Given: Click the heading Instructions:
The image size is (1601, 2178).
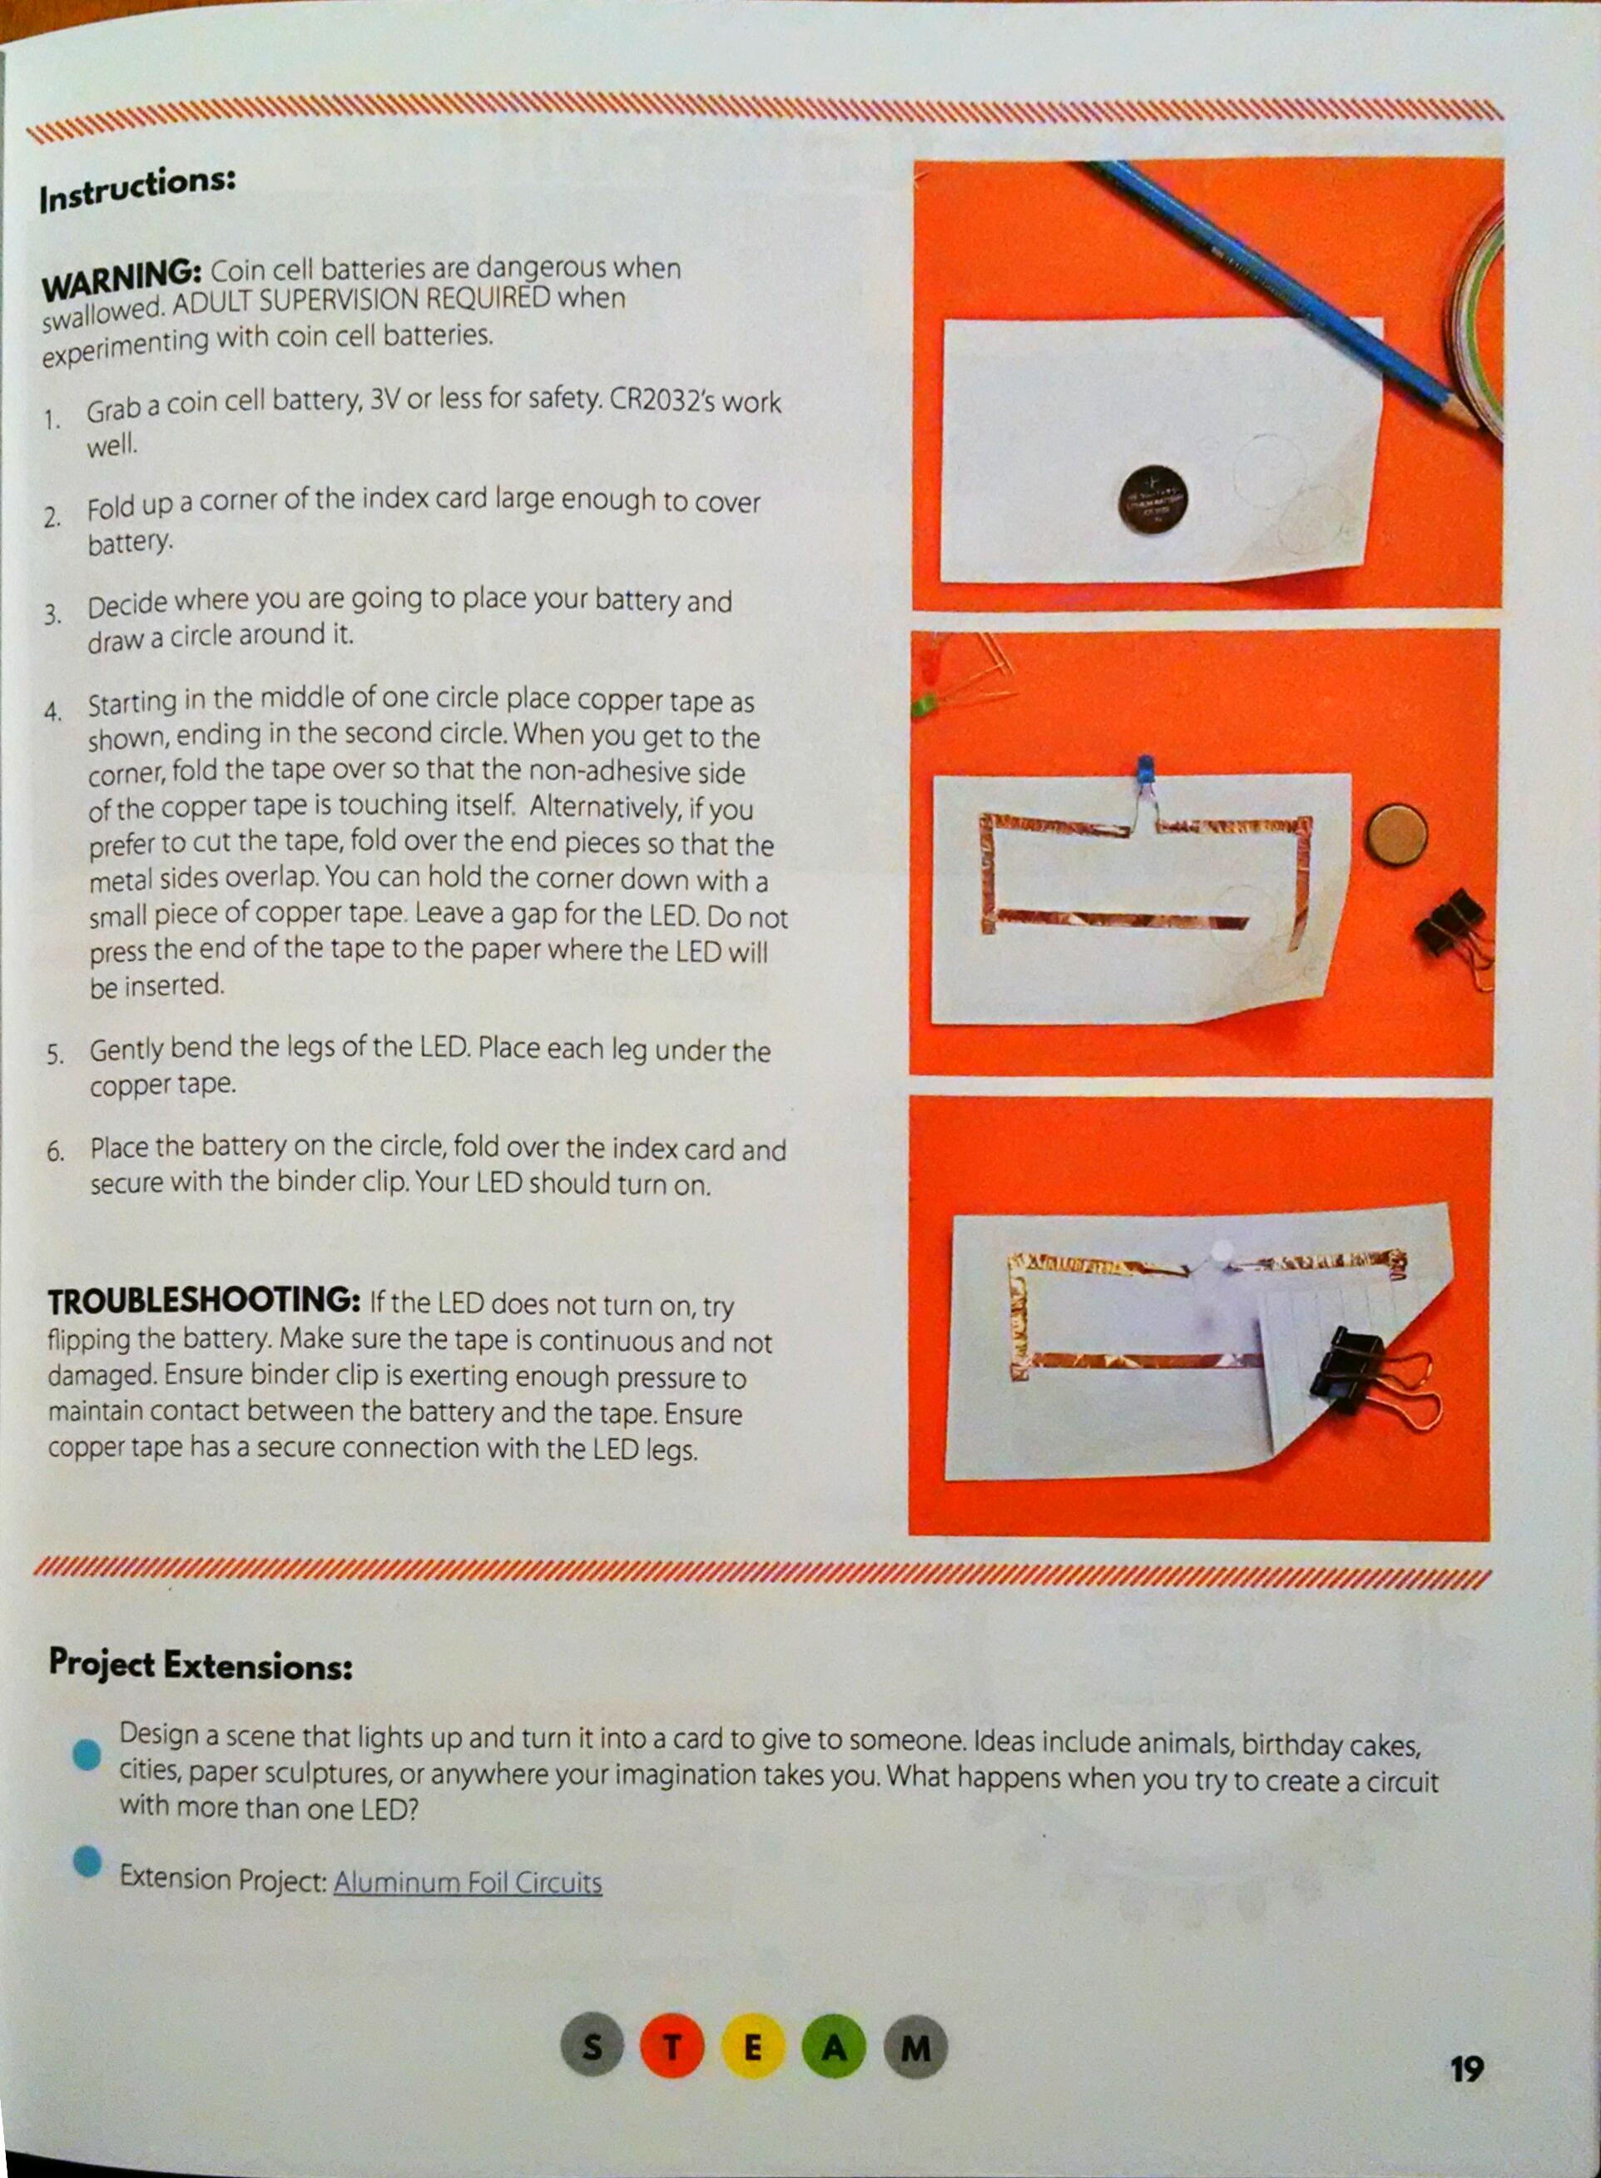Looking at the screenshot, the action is (x=136, y=189).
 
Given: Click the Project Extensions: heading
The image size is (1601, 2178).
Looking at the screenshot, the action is (x=201, y=1664).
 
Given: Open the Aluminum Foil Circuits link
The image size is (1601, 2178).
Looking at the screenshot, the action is (x=468, y=1883).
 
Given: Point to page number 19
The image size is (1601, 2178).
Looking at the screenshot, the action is (x=1466, y=2068).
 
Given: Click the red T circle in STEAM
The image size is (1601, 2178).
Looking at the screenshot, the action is (x=671, y=2047).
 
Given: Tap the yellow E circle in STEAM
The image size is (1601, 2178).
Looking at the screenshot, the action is (x=752, y=2047).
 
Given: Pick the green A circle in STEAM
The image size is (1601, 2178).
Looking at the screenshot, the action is (x=834, y=2047).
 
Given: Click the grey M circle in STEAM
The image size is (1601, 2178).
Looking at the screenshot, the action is (x=915, y=2047).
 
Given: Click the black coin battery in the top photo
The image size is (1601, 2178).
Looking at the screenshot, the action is (x=1153, y=499).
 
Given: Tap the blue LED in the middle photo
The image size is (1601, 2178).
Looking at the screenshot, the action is (x=1146, y=771).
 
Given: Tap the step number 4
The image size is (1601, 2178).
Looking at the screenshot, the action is (x=52, y=712).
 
